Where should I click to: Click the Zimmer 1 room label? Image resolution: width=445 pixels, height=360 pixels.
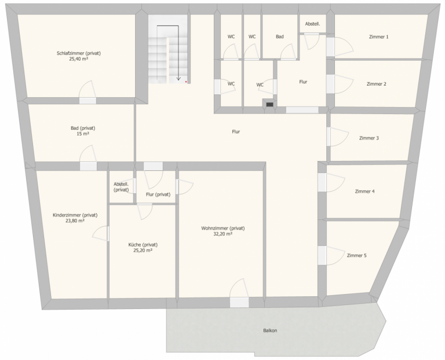pos(378,37)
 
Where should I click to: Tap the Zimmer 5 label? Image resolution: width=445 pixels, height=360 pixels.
pos(356,255)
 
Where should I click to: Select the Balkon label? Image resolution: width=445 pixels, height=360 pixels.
pos(270,330)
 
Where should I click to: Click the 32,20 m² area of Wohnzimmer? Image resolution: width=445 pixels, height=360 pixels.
pos(222,234)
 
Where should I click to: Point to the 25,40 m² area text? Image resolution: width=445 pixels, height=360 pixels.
pos(79,59)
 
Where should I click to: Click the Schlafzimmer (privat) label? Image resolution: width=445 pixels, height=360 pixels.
pos(79,53)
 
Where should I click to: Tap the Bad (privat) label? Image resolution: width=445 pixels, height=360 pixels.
pos(83,128)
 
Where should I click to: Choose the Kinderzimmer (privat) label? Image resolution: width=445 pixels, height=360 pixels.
pos(75,215)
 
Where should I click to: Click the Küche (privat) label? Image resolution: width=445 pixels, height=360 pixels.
pos(143,245)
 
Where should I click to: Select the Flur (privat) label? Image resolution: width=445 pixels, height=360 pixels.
pos(158,194)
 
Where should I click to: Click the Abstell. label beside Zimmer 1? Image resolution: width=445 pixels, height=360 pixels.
pos(312,24)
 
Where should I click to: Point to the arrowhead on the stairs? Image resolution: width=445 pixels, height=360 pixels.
pos(178,79)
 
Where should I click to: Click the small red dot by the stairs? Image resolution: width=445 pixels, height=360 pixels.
pos(186,82)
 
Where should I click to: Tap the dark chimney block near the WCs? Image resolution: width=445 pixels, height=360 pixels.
pos(269,104)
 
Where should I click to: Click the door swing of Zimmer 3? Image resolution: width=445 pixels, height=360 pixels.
pos(339,137)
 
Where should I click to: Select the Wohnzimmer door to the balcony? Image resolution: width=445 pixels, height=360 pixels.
pos(239,293)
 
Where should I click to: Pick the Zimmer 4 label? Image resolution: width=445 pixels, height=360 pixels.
pos(364,192)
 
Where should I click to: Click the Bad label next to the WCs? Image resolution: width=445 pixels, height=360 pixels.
pos(279,36)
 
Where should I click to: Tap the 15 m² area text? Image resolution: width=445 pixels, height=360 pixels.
pos(83,134)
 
